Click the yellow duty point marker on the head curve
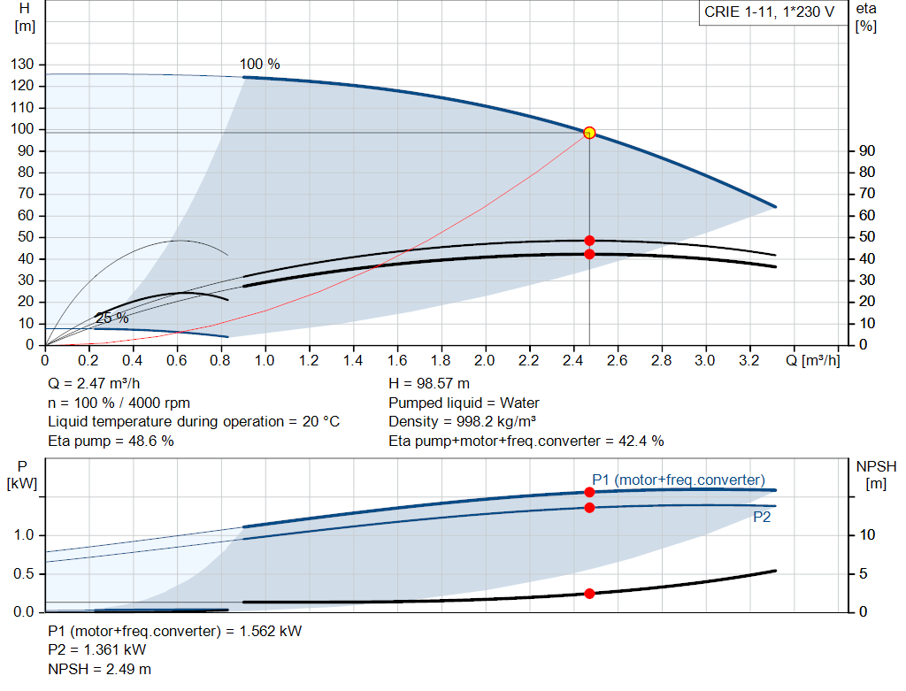point(589,133)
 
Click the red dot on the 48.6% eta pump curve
point(589,241)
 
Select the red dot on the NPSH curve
point(589,594)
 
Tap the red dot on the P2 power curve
point(589,507)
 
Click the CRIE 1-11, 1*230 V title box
point(769,12)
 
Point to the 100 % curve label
point(259,65)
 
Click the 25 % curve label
point(112,319)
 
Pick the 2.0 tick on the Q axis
point(485,361)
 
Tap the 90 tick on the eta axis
point(865,151)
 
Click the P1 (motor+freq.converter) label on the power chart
point(679,480)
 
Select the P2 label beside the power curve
point(762,518)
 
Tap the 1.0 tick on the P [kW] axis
point(23,535)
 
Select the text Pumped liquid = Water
point(464,403)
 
